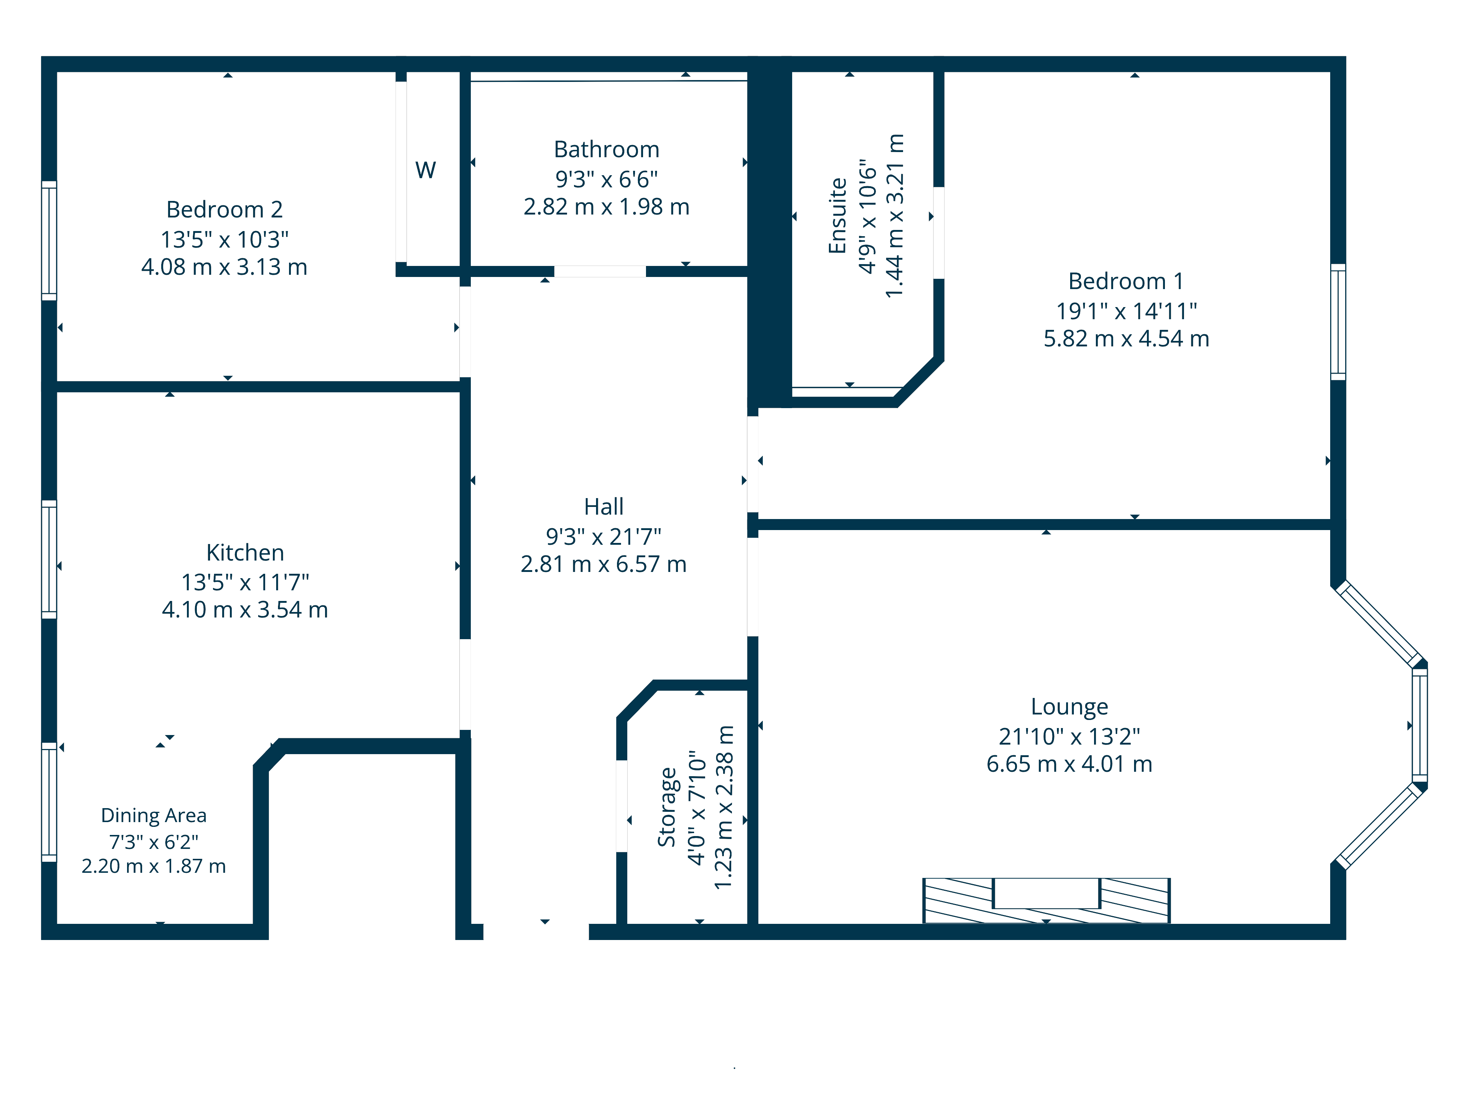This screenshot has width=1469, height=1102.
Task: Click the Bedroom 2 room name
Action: (224, 210)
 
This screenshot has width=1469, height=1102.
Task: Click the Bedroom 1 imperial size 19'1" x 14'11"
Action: (1126, 311)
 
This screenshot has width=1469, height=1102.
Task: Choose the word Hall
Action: (604, 507)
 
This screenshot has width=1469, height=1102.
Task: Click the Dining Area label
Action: (154, 815)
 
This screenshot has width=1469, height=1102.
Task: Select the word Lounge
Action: (1069, 707)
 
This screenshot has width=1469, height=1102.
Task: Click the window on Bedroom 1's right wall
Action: (1338, 322)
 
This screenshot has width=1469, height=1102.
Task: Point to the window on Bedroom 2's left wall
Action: (49, 241)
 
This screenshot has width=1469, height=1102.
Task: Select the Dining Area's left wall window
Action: (49, 802)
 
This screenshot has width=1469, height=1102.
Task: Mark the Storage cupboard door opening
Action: (622, 806)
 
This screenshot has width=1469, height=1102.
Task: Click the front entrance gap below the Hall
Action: (536, 931)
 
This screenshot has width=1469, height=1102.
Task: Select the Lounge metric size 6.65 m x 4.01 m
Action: (1069, 764)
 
